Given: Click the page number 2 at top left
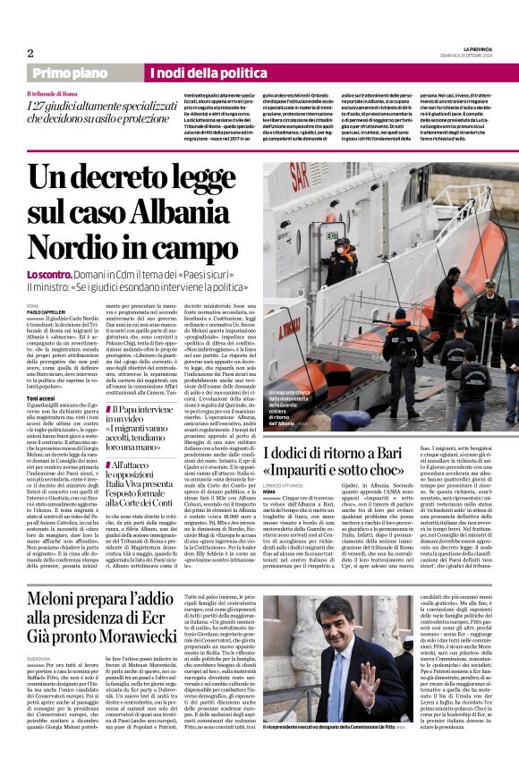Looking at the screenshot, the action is tap(30, 53).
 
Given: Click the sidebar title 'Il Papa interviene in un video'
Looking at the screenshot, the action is tap(135, 413).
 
